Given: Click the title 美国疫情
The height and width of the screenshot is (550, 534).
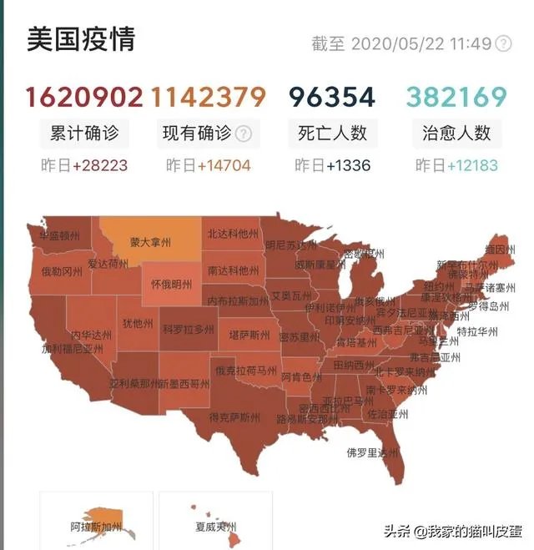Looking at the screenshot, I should [x=81, y=39].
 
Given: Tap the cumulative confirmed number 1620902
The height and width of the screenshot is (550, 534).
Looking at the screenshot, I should [x=84, y=98].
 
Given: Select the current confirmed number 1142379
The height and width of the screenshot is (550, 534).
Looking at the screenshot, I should [x=209, y=98].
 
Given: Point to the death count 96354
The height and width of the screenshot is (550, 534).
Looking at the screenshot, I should [x=332, y=98].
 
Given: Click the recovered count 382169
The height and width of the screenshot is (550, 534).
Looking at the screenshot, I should [x=456, y=98].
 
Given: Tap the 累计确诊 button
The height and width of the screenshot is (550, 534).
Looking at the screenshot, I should [x=84, y=133].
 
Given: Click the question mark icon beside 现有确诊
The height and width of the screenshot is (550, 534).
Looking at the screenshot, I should [x=244, y=134].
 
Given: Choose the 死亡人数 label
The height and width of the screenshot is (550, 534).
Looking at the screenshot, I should [x=332, y=133].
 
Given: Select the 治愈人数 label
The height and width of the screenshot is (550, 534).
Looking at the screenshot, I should [x=456, y=133].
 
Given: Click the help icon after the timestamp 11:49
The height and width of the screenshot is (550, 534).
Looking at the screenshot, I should [x=503, y=43].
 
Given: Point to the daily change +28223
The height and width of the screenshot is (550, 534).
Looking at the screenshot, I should [x=100, y=165].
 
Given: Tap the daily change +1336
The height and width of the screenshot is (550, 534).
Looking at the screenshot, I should [x=348, y=165].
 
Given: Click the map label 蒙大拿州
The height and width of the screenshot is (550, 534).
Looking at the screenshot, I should [x=150, y=243].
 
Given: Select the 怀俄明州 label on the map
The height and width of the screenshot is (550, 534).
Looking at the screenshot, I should [x=171, y=284].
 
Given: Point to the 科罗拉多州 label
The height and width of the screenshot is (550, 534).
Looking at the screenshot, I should [x=189, y=330].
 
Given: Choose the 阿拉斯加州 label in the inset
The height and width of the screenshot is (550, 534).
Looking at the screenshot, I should [x=96, y=527].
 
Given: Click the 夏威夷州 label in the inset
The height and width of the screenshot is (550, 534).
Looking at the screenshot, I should [x=215, y=527].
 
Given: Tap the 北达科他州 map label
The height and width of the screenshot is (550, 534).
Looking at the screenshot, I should [x=233, y=234].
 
